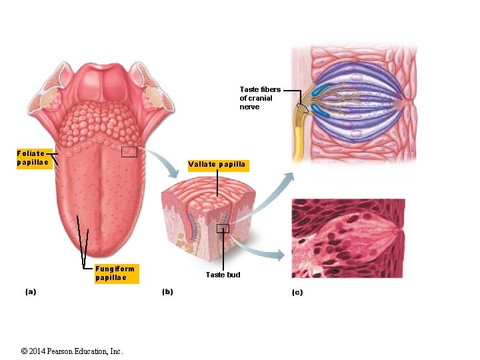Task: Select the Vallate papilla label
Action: pos(217,165)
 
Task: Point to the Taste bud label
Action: pos(223,275)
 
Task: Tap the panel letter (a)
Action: pos(31,291)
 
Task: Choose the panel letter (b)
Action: pos(167,291)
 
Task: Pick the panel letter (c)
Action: pos(297,292)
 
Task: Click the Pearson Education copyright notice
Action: pos(71,351)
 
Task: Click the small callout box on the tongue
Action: pos(129,152)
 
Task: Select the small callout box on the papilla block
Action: pos(223,229)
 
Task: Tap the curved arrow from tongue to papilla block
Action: pos(164,163)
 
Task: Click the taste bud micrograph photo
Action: pos(348,237)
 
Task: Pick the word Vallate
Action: pos(202,165)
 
